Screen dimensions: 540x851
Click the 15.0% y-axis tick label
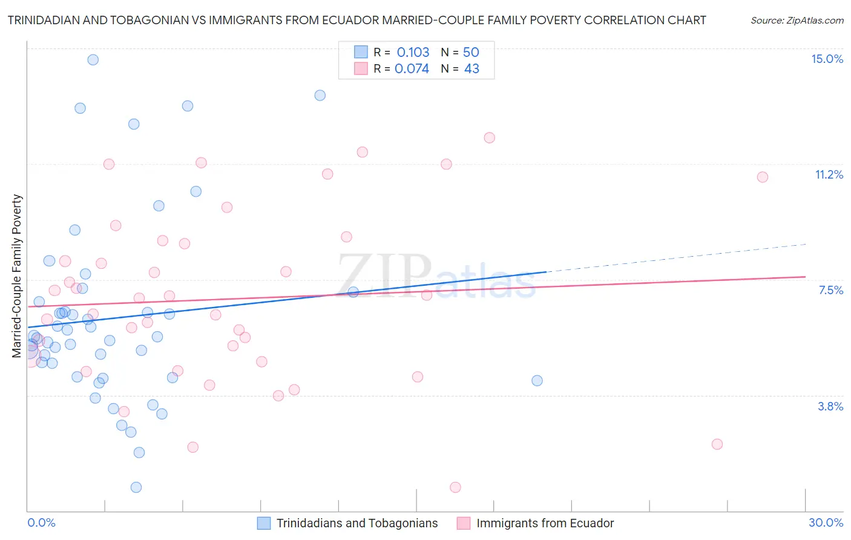[827, 59]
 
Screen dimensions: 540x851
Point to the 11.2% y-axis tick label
[829, 174]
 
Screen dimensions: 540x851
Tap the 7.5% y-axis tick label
[830, 290]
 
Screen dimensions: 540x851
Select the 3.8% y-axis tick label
[830, 406]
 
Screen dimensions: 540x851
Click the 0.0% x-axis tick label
[41, 522]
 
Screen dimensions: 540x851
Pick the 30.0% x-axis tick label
[826, 522]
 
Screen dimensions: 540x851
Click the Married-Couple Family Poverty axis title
[17, 275]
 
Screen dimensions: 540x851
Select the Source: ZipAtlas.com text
[797, 20]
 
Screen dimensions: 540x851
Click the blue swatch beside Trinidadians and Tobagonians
[264, 523]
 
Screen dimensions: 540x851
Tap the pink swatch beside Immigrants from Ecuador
[464, 523]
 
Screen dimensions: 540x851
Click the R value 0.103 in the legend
[413, 52]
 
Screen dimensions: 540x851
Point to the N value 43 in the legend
[471, 68]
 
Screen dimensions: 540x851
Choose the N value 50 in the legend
[471, 52]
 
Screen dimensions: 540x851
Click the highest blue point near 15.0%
[93, 59]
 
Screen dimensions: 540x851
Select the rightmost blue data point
[537, 381]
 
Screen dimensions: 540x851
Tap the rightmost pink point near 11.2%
[763, 177]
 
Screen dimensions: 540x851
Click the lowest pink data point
[455, 487]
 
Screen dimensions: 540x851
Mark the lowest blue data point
[136, 487]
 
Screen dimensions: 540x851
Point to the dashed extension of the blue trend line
[678, 258]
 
